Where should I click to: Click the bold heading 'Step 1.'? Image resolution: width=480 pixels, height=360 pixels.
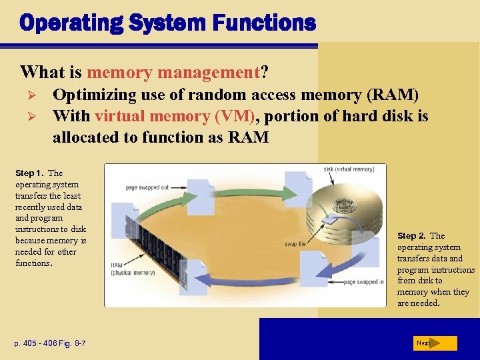pos(29,173)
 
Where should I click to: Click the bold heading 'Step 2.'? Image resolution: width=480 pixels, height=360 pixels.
pos(412,236)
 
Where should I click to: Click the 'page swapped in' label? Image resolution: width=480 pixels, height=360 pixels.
pos(363,283)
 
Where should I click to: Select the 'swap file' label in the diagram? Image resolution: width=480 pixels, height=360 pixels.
pos(295,245)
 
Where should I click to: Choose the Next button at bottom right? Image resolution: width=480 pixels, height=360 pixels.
pos(433,343)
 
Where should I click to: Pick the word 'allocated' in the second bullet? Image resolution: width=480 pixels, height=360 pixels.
pos(86,138)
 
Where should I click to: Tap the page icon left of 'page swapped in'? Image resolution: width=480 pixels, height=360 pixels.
pos(314,267)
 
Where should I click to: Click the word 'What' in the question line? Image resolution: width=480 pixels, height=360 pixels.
pos(39,71)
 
